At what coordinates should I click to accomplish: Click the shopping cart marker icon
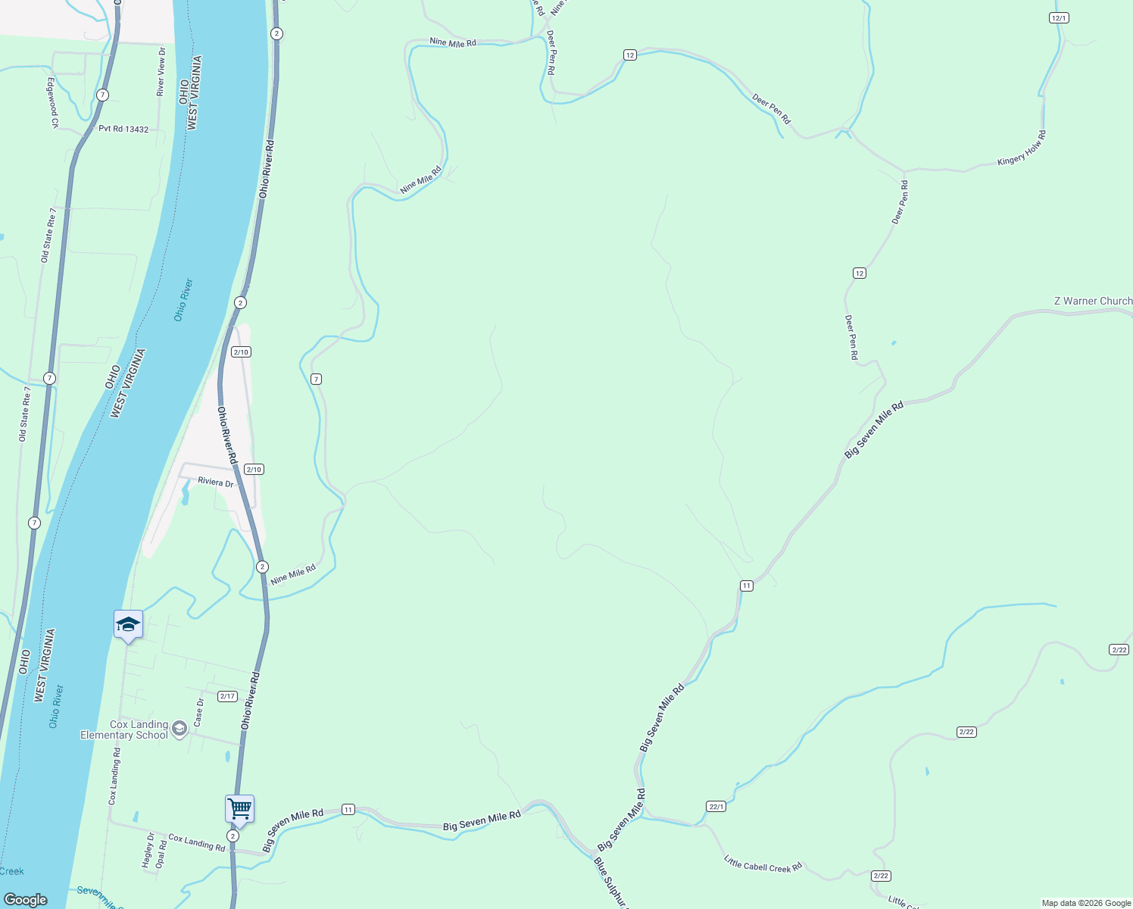pos(239,808)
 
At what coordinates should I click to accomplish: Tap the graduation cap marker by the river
pos(128,625)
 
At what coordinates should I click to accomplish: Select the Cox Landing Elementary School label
pos(124,729)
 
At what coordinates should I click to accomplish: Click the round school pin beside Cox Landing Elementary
pos(179,729)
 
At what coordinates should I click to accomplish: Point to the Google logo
pos(26,900)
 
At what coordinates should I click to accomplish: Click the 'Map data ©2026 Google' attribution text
pos(1085,903)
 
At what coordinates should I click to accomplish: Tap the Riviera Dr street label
pos(215,482)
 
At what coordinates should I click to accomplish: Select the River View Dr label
pos(161,71)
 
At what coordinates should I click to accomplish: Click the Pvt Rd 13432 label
pos(123,130)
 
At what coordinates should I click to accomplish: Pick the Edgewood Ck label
pos(53,102)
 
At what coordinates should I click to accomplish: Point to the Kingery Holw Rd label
pos(1022,148)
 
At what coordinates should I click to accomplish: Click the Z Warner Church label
pos(1093,301)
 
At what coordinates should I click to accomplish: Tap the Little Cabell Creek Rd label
pos(763,864)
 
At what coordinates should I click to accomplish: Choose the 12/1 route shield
pos(1059,18)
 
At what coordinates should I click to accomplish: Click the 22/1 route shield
pos(716,807)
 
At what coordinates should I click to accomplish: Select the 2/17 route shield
pos(227,696)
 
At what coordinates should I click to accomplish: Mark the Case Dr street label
pos(199,713)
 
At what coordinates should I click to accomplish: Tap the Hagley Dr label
pos(148,850)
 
